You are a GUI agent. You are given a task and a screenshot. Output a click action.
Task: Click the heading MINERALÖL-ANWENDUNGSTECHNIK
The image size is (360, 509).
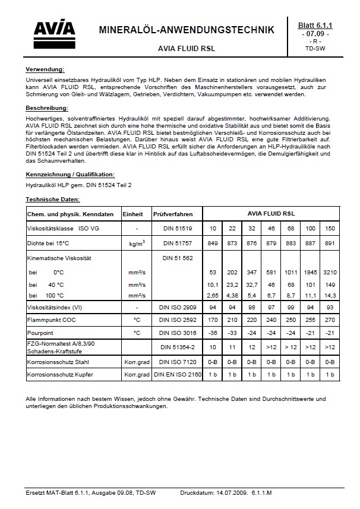point(186,30)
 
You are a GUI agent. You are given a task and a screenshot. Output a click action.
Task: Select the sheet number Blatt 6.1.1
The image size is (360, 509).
point(318,26)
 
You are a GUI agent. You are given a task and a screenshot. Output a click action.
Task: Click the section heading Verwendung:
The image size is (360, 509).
point(45,69)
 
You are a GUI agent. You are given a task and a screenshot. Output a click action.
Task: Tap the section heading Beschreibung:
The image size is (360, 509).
point(47,108)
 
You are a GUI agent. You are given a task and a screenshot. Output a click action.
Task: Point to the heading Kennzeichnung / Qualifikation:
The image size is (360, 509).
point(70,175)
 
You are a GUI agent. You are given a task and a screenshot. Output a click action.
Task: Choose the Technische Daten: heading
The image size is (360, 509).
point(53,200)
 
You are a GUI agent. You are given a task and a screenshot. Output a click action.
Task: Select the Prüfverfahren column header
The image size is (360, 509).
point(171,213)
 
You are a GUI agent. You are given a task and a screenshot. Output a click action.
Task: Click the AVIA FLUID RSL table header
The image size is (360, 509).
point(271,213)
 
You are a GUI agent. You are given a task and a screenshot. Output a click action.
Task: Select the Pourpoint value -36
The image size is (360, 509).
point(213,333)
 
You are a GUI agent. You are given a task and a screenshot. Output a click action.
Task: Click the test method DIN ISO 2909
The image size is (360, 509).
point(177,308)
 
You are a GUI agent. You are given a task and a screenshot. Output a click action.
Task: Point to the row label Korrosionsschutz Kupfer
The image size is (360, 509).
point(60,375)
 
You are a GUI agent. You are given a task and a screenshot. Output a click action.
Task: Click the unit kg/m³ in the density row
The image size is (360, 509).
point(137,243)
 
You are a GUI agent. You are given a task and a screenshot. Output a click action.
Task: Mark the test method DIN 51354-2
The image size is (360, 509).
point(177,347)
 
